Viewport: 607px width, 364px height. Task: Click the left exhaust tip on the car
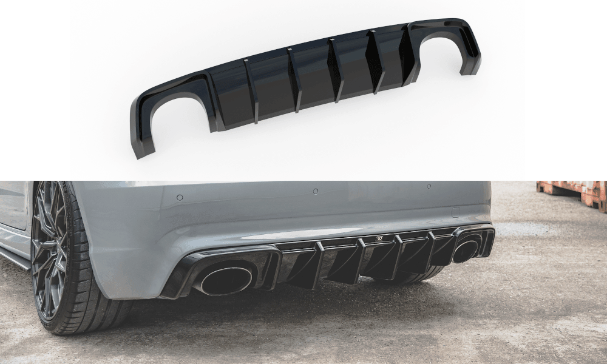coord(226,280)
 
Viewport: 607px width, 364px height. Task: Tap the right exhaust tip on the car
coord(465,250)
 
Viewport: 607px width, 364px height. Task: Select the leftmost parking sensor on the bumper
coord(180,197)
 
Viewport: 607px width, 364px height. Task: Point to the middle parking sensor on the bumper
coord(316,192)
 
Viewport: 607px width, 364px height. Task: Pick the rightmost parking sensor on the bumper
coord(429,186)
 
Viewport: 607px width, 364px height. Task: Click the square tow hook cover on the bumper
coord(456,212)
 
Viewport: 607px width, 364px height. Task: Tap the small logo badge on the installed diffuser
coord(380,238)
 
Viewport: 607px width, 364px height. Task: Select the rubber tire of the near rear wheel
coord(91,303)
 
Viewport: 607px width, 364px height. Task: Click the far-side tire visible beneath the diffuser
coord(413,276)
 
